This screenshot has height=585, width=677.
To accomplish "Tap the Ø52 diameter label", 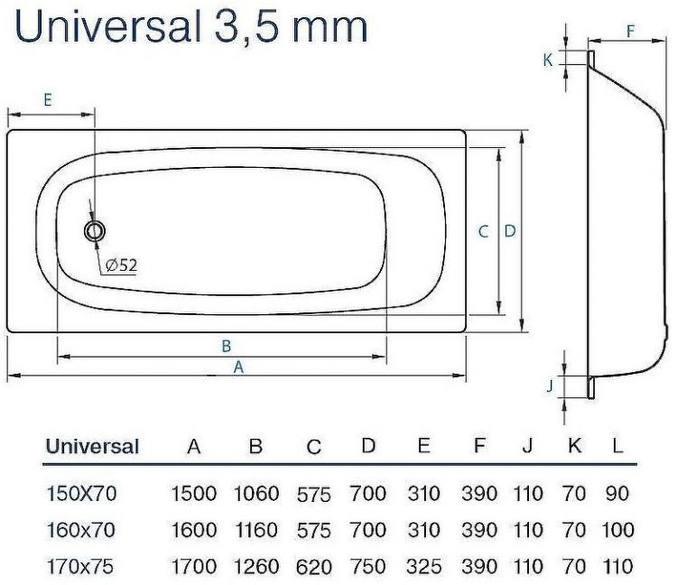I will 121,265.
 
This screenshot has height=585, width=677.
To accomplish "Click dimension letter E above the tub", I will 48,99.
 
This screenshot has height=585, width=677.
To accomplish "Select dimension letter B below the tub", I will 227,346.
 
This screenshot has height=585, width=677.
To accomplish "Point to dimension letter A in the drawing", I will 238,367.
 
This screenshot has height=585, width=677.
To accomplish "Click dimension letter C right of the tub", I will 484,231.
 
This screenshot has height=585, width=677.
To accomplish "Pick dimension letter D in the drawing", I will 510,231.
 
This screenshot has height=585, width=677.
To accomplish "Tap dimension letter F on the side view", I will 631,30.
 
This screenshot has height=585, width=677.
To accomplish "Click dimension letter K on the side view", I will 547,60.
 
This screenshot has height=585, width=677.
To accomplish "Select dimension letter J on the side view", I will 549,386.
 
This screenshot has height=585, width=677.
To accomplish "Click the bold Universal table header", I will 92,446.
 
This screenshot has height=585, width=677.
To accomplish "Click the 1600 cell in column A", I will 193,530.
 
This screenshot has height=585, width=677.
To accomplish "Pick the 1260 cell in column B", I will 255,566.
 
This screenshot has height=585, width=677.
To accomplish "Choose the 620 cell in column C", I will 314,567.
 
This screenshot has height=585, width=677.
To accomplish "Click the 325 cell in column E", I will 422,566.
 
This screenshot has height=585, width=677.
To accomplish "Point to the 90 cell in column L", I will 617,494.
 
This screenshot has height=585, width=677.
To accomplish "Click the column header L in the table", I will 617,446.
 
